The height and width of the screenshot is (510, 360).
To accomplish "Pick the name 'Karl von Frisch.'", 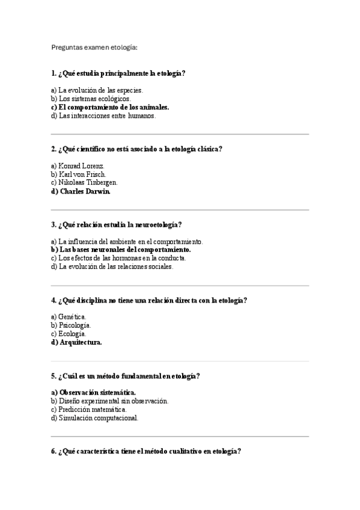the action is coord(83,174).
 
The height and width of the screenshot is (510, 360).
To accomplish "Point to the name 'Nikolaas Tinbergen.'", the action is coord(88,182).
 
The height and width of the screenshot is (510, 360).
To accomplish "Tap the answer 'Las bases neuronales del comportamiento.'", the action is coord(125,249).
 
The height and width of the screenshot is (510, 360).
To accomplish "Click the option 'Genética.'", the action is coord(73,316).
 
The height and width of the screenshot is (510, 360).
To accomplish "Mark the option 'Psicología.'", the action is coord(75,325).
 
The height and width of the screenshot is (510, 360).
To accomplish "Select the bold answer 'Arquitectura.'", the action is coord(81,342).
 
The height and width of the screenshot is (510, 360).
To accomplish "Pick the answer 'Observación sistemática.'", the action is coord(97,392).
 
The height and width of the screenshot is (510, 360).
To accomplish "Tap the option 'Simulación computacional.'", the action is coord(99,418).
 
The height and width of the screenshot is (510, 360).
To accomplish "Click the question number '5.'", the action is coord(54,376).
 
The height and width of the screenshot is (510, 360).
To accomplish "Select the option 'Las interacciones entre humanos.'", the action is coord(108,115).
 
